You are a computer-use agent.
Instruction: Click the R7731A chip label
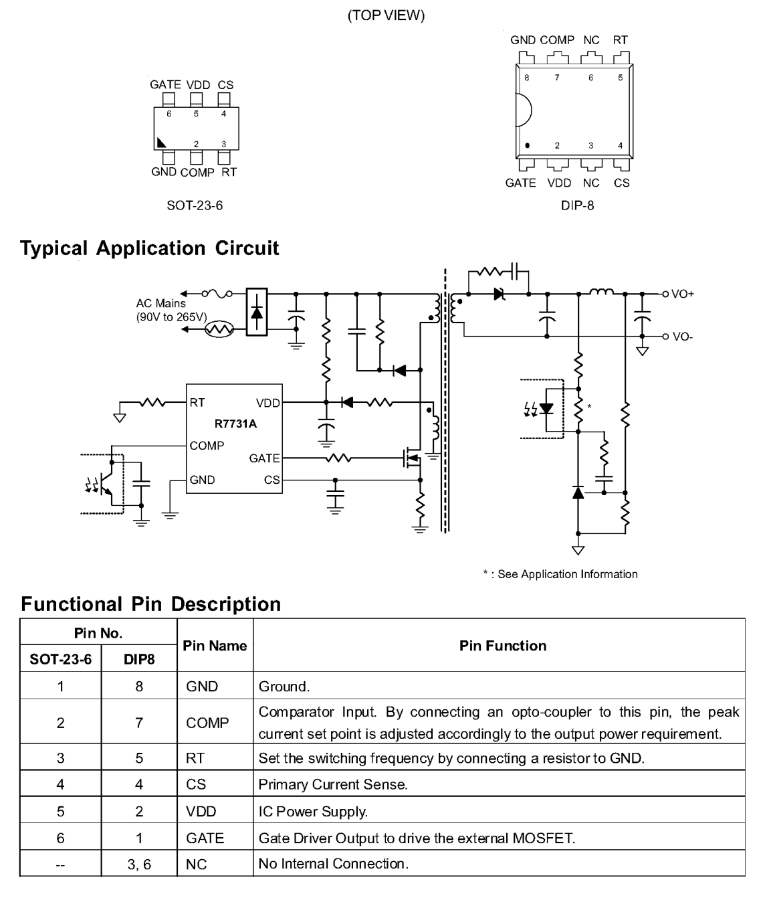(x=235, y=424)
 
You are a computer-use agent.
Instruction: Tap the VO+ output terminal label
(x=682, y=294)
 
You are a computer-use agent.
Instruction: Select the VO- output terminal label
(x=682, y=337)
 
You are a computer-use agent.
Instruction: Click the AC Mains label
(x=161, y=303)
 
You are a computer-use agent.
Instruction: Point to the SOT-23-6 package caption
(x=195, y=205)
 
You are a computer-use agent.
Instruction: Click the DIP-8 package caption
(x=577, y=205)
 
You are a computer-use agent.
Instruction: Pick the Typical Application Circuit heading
(x=150, y=248)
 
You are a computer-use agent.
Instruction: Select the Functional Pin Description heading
(x=150, y=604)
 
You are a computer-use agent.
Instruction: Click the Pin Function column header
(x=502, y=646)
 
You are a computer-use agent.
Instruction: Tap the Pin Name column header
(x=215, y=646)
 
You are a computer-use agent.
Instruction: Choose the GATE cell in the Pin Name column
(x=205, y=838)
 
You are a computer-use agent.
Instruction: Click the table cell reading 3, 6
(x=139, y=865)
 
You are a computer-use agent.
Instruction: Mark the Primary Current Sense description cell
(x=333, y=784)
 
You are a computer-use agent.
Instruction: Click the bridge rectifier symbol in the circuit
(x=257, y=311)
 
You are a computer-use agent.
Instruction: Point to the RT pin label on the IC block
(x=197, y=403)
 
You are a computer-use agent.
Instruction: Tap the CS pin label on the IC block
(x=271, y=480)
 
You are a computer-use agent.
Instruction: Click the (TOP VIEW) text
(x=386, y=15)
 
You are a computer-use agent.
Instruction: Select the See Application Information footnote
(x=560, y=574)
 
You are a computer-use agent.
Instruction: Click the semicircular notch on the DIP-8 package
(x=522, y=110)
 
